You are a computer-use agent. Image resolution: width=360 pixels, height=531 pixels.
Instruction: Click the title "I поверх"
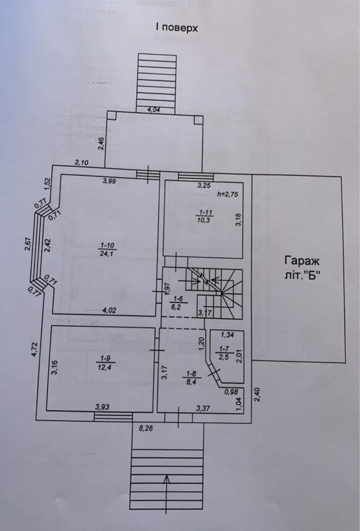click(177, 28)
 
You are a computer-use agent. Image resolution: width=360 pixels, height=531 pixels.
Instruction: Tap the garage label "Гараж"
click(302, 262)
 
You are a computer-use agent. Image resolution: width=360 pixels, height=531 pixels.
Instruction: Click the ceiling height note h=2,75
click(228, 194)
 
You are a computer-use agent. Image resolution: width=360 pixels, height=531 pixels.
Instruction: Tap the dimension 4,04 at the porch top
click(154, 110)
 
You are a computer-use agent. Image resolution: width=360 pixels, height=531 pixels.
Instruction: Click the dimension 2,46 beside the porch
click(101, 143)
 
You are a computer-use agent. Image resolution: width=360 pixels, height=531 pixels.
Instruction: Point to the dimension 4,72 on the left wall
click(35, 349)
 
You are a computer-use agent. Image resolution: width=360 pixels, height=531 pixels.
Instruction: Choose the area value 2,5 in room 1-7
click(224, 357)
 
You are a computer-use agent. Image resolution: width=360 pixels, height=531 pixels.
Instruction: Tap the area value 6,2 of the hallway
click(175, 308)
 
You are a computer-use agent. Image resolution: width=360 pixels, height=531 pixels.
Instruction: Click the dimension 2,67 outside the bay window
click(28, 244)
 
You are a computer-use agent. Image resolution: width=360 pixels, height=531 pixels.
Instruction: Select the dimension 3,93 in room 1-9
click(102, 407)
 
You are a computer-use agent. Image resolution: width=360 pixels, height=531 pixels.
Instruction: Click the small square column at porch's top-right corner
click(197, 120)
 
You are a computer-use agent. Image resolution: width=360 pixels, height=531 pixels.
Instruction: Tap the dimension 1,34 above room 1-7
click(228, 335)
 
